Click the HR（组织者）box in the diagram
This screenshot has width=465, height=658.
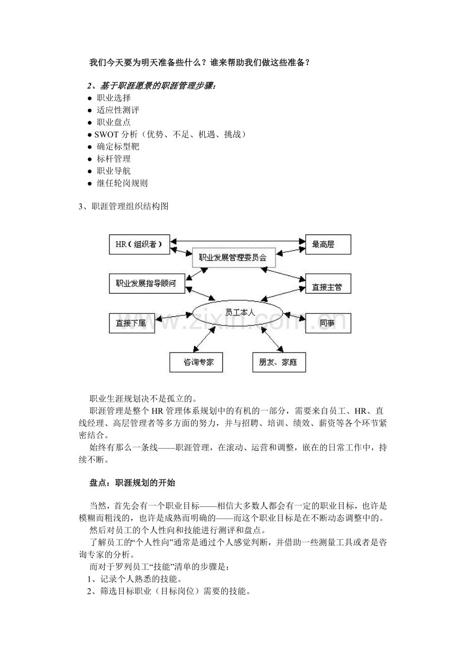point(139,245)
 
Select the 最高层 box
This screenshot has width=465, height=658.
point(328,245)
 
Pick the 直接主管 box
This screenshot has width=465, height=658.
point(328,287)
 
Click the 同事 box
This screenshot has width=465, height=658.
point(328,323)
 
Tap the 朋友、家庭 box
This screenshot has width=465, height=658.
point(279,362)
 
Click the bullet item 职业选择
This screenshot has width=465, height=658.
point(113,98)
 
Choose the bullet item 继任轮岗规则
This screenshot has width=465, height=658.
point(122,183)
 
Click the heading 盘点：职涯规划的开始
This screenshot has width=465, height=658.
point(132,483)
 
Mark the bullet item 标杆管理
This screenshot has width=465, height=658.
point(113,159)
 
